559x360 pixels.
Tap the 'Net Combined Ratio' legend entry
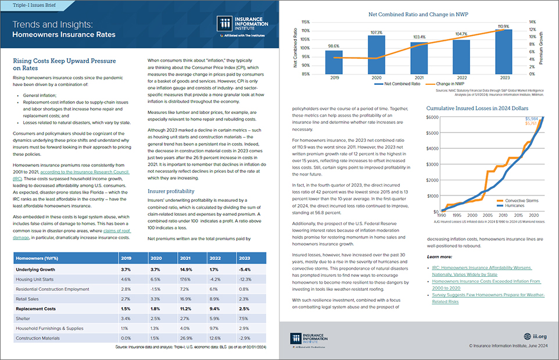(395, 84)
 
